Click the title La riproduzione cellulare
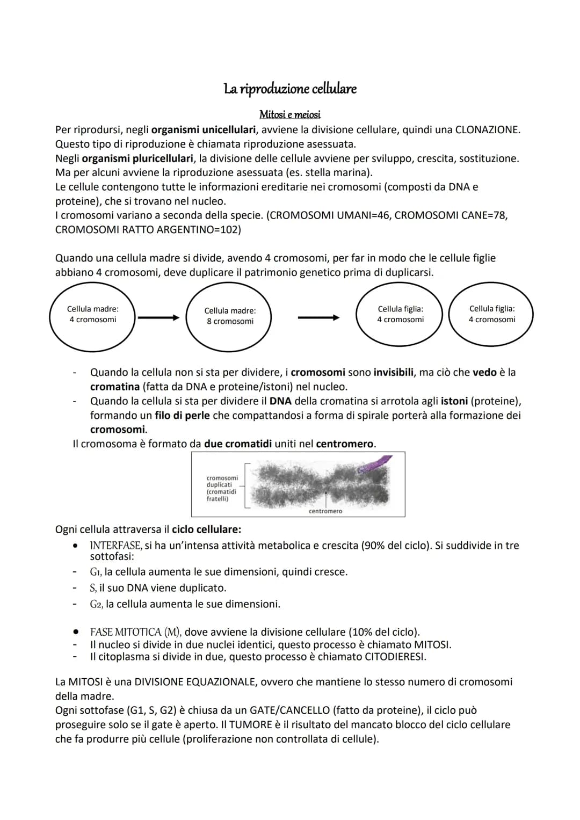pos(290,89)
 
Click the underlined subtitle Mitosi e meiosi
pos(290,114)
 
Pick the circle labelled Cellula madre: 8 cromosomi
pos(229,317)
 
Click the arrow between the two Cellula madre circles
pos(158,318)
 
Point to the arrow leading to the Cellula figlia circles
pos(318,318)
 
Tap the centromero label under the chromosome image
pos(325,511)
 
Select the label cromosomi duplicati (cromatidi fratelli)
pos(222,488)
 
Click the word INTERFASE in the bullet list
pos(115,546)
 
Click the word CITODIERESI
pos(395,657)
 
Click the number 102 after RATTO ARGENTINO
pos(230,230)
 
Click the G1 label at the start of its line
pos(96,572)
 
